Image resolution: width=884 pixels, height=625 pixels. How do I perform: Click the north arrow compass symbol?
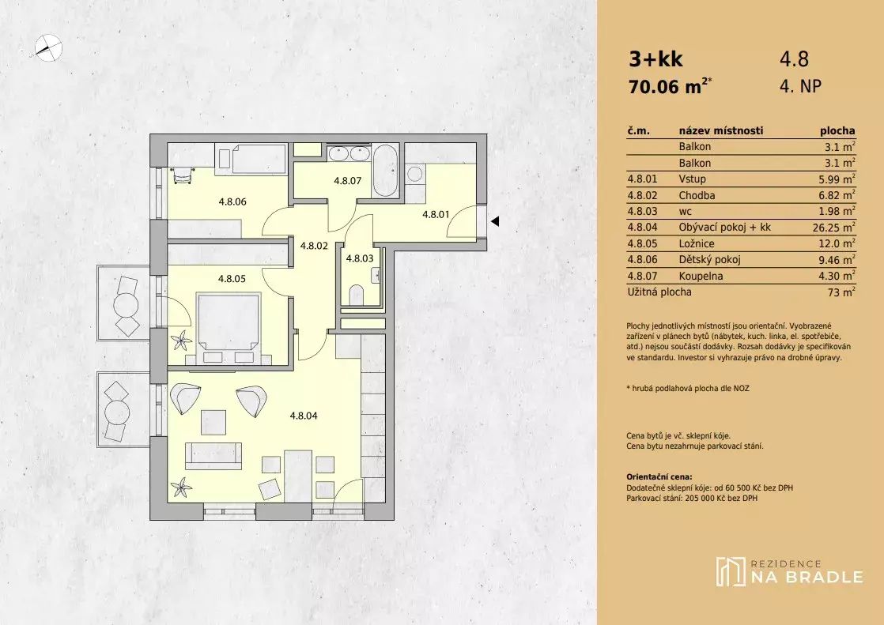48,47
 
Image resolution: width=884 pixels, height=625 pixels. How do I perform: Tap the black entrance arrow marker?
495,221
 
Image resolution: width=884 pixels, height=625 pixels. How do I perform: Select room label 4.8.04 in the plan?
304,416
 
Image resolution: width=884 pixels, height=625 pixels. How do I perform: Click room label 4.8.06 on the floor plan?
232,201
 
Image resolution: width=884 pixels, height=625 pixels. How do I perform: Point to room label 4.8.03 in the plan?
360,258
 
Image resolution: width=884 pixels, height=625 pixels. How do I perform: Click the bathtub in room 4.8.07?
386,171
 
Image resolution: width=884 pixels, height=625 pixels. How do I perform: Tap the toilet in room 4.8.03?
357,295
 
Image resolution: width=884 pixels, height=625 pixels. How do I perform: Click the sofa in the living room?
213,455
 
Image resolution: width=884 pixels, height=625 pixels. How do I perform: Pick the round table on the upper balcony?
126,306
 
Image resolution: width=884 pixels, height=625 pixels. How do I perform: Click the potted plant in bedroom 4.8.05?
182,341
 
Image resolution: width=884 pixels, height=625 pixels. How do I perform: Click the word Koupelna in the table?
701,276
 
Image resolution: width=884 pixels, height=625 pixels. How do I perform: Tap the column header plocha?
837,130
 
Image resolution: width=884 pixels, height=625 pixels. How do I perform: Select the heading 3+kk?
655,59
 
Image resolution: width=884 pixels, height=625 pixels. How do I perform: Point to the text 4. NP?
800,86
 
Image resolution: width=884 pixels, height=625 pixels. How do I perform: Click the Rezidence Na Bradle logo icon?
730,571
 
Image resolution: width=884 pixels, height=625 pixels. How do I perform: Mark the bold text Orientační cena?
659,476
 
